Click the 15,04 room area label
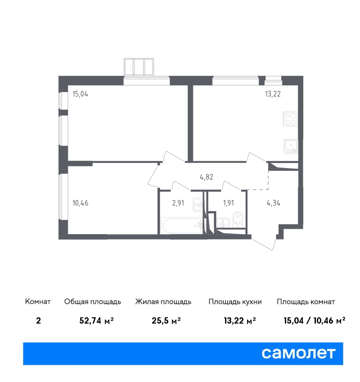[80, 94]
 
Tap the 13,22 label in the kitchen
[273, 94]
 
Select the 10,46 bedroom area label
[81, 203]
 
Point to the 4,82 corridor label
[207, 177]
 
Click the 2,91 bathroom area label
[178, 203]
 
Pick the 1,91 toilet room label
[228, 203]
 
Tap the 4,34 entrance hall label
[274, 203]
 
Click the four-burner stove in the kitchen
[291, 119]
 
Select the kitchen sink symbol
[291, 146]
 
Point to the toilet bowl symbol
[238, 219]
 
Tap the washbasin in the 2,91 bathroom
[198, 204]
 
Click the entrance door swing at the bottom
[264, 244]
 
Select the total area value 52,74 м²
[97, 320]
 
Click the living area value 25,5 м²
[166, 320]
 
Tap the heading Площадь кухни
[235, 302]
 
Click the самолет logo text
[298, 353]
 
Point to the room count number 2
[38, 320]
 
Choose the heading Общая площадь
[93, 302]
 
